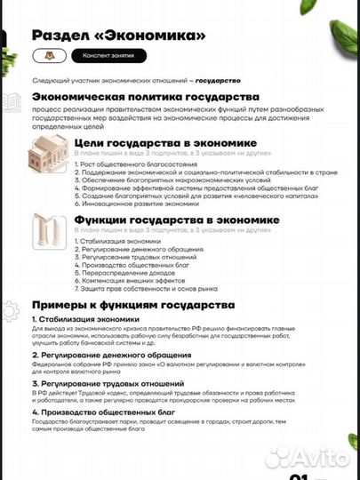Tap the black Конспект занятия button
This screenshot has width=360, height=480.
pos(97,55)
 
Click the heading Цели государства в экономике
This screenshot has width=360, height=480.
pos(165,142)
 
